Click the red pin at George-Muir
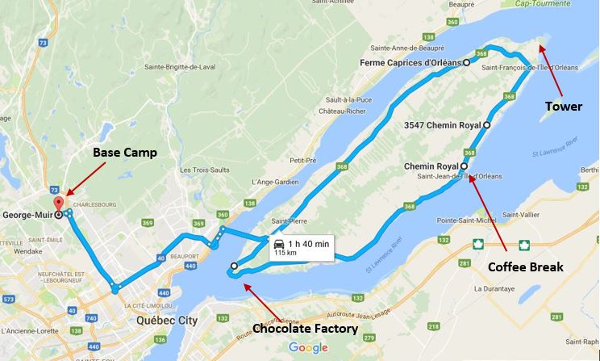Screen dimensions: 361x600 pos(57,202)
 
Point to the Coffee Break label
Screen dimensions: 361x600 pos(525,266)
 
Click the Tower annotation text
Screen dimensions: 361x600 pos(563,106)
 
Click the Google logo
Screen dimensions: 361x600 pos(308,347)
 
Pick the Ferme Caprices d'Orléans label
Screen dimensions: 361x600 pos(412,62)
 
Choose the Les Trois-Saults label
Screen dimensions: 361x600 pos(206,170)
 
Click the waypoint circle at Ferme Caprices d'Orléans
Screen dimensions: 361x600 pos(466,61)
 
